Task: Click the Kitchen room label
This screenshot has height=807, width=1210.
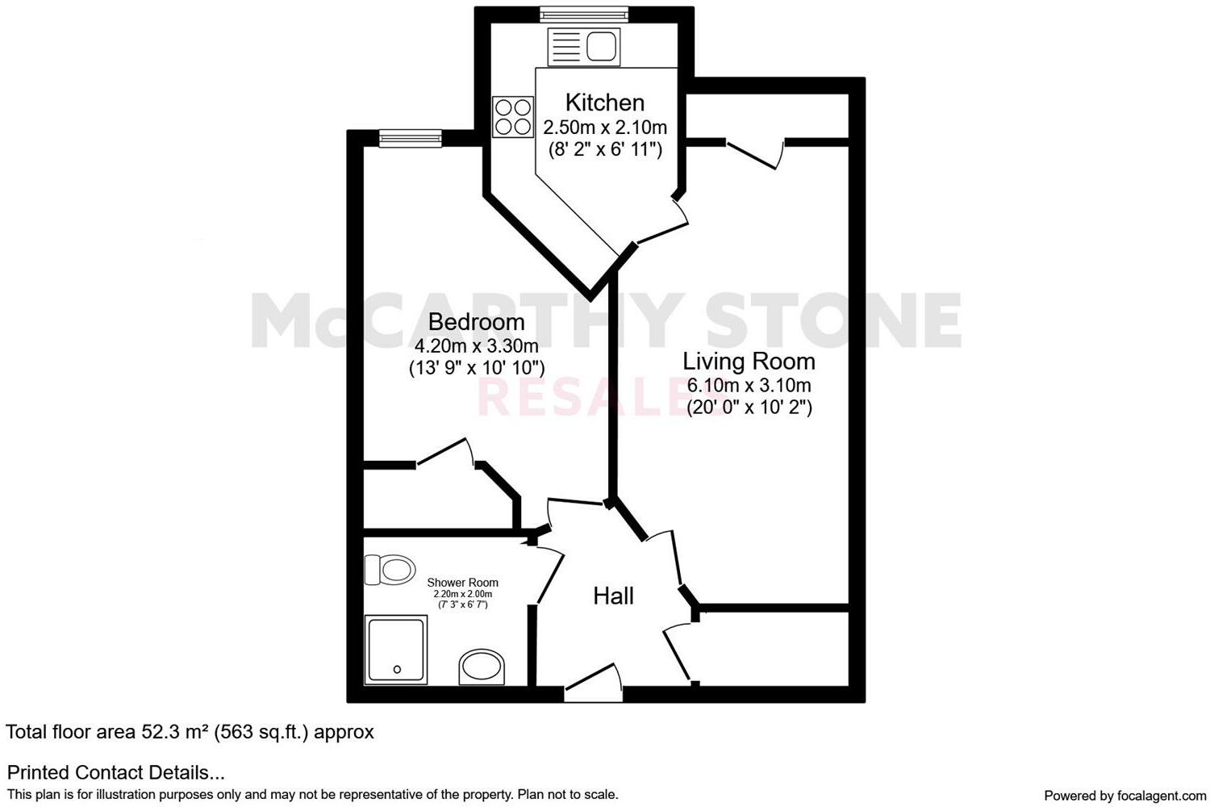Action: click(x=604, y=102)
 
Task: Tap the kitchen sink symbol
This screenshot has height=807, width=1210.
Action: click(x=583, y=46)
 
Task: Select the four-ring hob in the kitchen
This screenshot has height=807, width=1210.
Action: click(x=513, y=116)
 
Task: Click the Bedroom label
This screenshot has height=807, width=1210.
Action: click(x=476, y=322)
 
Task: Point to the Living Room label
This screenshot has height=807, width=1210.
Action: click(x=749, y=361)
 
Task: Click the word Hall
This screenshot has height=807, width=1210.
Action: click(x=613, y=596)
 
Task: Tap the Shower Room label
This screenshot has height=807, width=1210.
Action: click(x=462, y=583)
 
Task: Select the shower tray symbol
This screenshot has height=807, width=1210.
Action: click(x=396, y=650)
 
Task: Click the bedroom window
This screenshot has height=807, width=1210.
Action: click(x=411, y=140)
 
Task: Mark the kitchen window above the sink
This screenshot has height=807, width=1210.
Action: click(x=582, y=13)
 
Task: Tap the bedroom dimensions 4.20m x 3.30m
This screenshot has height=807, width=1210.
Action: click(x=476, y=346)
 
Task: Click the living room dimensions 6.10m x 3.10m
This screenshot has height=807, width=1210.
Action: click(x=749, y=386)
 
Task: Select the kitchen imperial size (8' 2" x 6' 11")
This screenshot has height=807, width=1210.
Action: click(x=604, y=149)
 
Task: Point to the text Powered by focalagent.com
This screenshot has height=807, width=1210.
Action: click(x=1124, y=796)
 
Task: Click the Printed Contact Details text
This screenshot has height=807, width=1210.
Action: click(x=115, y=772)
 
